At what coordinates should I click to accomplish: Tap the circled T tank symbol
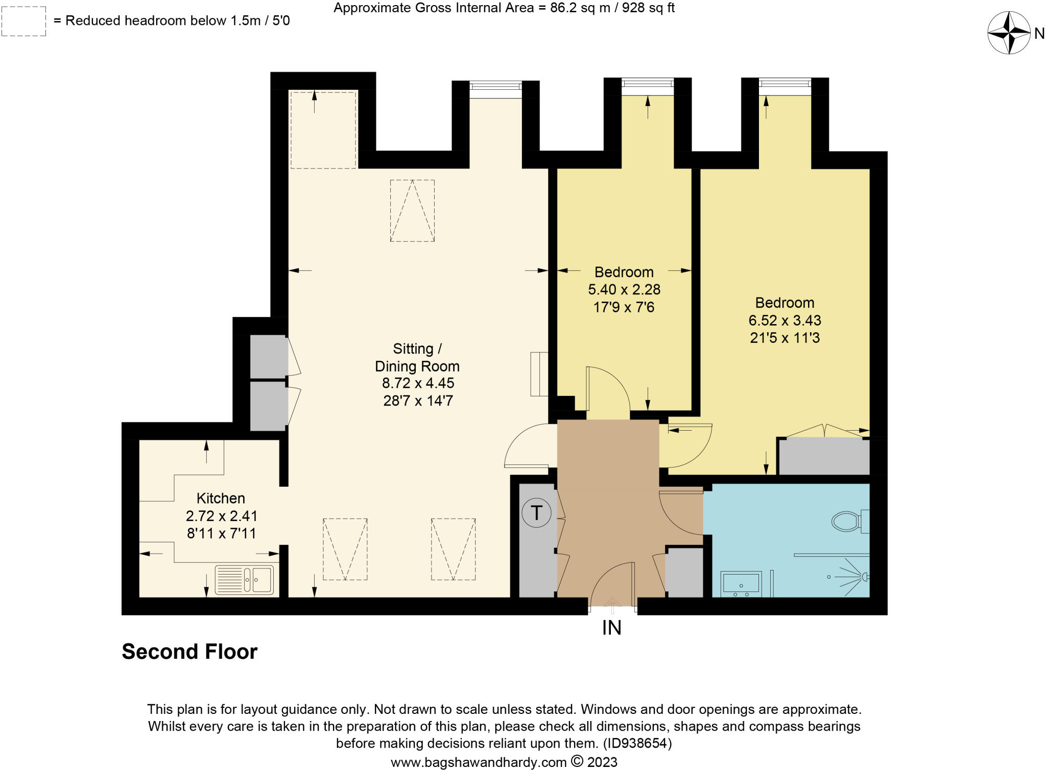tap(536, 512)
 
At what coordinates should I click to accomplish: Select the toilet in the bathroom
tap(848, 521)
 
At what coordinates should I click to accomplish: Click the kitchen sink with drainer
tap(244, 580)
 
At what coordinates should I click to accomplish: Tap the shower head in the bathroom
tap(864, 577)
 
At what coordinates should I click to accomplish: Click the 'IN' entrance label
tap(611, 628)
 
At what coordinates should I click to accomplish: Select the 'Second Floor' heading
tap(189, 652)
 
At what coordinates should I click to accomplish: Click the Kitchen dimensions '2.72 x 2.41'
tap(221, 516)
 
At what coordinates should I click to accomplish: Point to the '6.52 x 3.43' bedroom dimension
tap(784, 320)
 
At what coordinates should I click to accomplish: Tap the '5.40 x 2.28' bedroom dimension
tap(624, 290)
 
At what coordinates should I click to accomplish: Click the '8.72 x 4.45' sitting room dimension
tap(418, 383)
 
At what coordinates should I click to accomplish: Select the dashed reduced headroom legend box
tap(23, 21)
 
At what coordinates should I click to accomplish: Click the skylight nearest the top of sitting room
tap(412, 210)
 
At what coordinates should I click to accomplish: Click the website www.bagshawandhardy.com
tap(479, 762)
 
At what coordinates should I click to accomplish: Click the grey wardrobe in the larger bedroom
tap(823, 456)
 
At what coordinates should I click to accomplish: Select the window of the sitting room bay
tap(495, 89)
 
